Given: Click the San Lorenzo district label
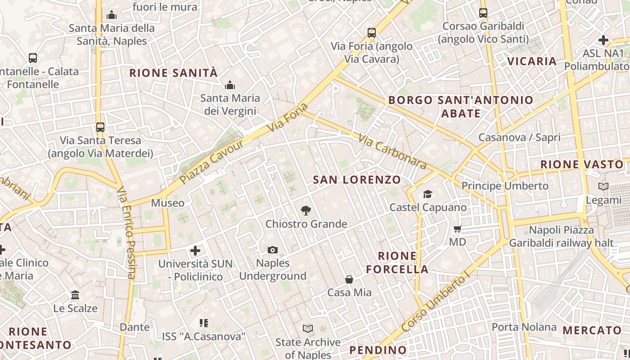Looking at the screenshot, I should click(357, 180).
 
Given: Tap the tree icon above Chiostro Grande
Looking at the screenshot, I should click(306, 210).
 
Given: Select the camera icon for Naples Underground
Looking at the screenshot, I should click(273, 250).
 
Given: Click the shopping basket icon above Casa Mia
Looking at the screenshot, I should click(349, 279).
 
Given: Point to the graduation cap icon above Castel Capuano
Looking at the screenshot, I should click(427, 194).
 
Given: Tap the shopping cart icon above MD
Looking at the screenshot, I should click(458, 229).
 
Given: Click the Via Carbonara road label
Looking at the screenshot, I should click(392, 151).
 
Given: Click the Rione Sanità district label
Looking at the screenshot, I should click(174, 73).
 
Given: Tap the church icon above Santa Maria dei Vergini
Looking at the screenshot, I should click(230, 85).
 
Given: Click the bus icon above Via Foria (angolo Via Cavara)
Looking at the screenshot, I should click(372, 32).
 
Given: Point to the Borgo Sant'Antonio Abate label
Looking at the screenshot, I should click(461, 106).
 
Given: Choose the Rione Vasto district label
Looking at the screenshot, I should click(581, 164).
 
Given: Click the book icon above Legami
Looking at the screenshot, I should click(603, 186).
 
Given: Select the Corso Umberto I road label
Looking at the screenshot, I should click(435, 304).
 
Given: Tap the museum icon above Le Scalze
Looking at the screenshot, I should click(75, 295).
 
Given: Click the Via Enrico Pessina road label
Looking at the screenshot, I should click(126, 233).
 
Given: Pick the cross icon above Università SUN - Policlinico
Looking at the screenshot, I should click(195, 250).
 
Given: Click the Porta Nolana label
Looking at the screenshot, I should click(524, 327).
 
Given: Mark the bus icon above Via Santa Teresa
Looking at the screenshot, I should click(100, 127).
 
